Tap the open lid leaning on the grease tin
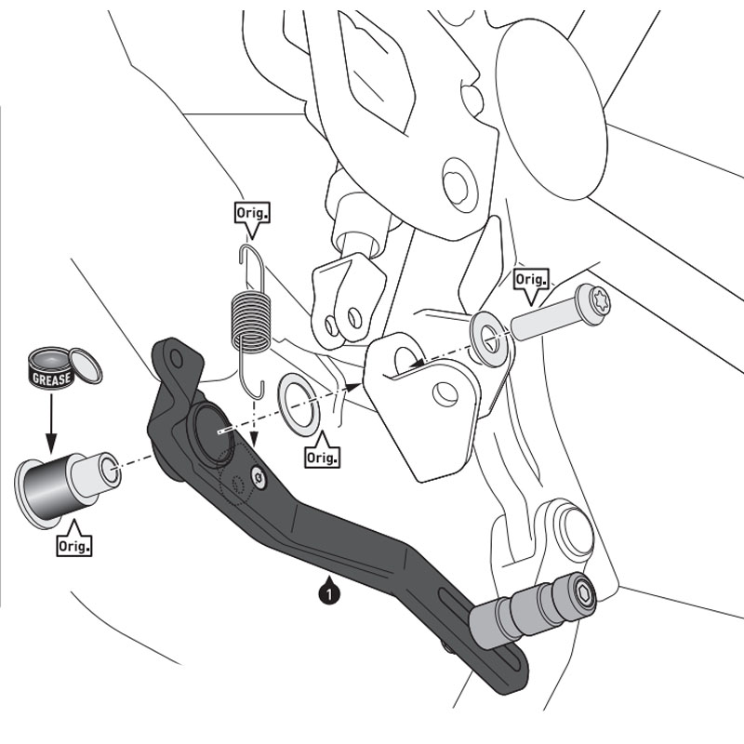(85, 365)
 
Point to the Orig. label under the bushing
(73, 546)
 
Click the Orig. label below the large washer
(321, 457)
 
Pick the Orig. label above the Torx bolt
(530, 280)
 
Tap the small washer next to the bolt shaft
(489, 338)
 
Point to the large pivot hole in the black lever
(209, 434)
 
